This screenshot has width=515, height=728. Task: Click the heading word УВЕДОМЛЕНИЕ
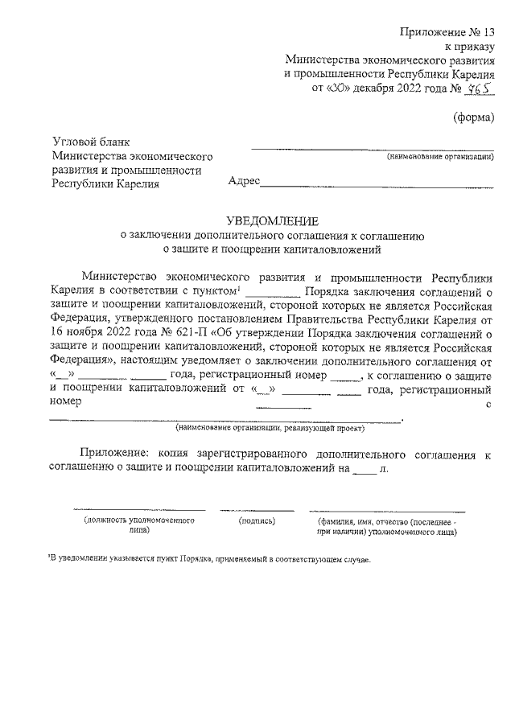click(272, 220)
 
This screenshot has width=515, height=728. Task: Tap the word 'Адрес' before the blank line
click(245, 182)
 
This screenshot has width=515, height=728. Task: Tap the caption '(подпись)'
click(257, 521)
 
